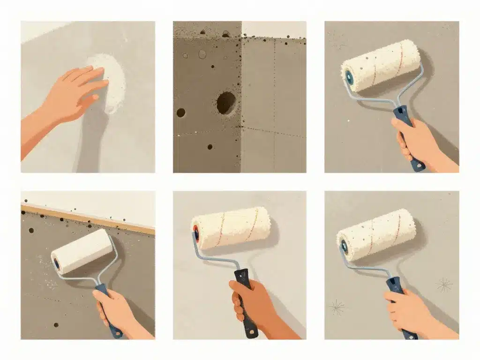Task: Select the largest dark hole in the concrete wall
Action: (226, 102)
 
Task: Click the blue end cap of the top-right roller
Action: (349, 78)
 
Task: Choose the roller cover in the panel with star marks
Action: (377, 234)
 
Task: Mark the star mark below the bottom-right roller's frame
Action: (336, 307)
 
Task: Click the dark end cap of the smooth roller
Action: (57, 264)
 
